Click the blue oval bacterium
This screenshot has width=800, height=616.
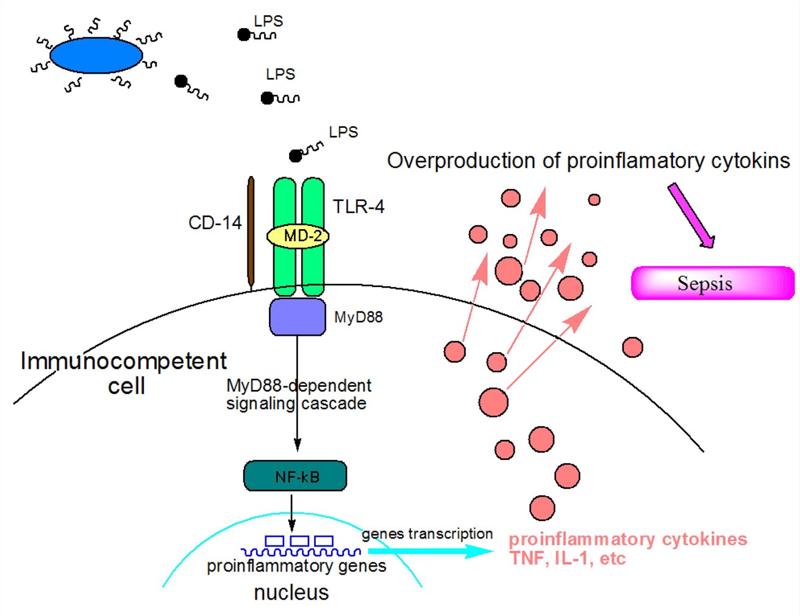click(x=96, y=55)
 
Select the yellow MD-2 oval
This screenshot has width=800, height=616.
click(x=298, y=236)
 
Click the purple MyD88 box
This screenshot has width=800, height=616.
click(x=297, y=317)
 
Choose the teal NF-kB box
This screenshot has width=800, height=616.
click(x=295, y=476)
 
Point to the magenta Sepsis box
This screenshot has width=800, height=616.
click(x=712, y=283)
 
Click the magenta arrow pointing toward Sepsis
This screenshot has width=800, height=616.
click(x=691, y=216)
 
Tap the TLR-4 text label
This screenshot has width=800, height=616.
click(x=359, y=207)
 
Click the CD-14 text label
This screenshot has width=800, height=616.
click(x=215, y=223)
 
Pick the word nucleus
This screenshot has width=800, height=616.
click(x=291, y=593)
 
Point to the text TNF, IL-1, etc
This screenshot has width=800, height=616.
click(x=568, y=559)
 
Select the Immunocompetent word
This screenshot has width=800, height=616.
click(x=124, y=361)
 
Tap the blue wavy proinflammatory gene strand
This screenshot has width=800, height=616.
click(x=301, y=552)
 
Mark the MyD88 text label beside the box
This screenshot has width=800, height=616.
click(x=359, y=317)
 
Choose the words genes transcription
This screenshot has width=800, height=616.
click(x=427, y=534)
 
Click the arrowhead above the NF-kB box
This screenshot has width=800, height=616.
click(x=297, y=445)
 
